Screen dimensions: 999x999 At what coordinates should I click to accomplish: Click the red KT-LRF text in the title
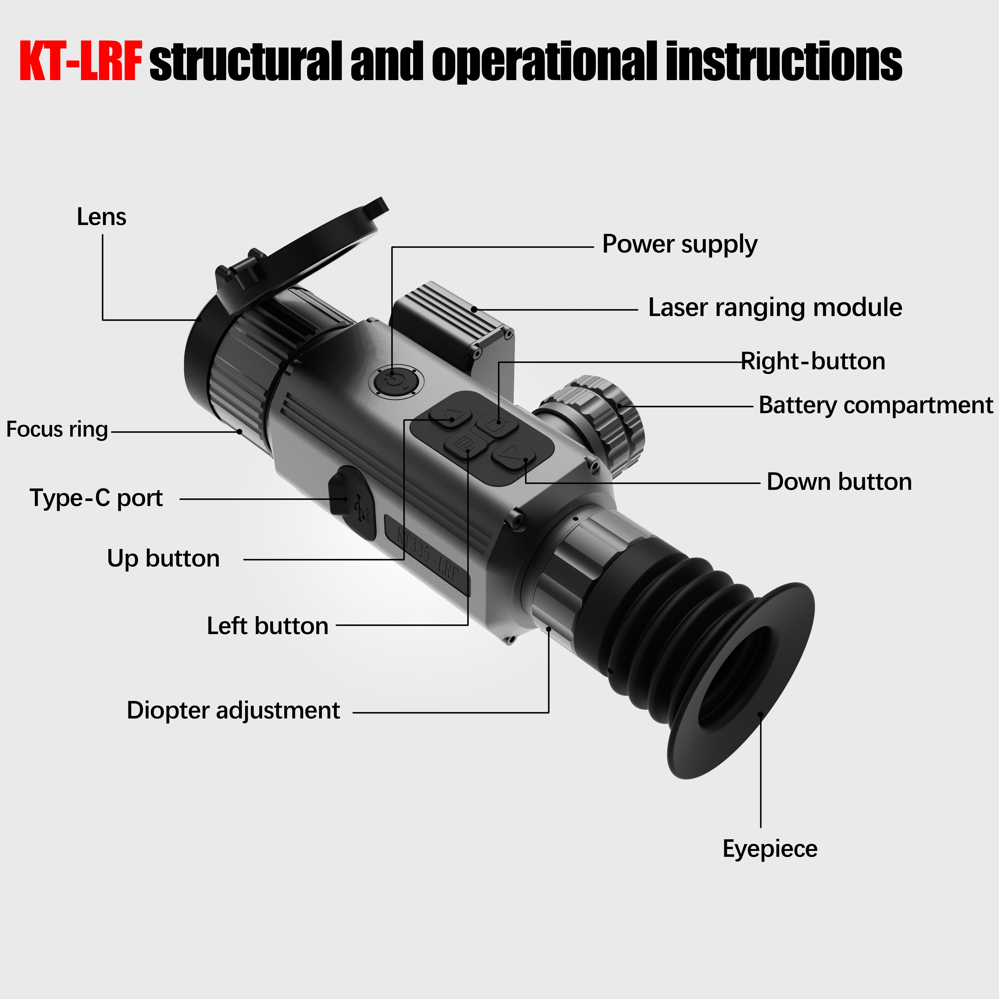point(81,62)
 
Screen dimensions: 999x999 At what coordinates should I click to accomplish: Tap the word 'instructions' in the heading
point(783,62)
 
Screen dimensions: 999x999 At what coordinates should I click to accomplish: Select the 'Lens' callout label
point(101,217)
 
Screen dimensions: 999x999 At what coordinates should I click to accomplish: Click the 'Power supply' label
point(679,244)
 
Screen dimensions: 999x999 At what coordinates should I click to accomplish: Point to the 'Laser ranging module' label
point(775,308)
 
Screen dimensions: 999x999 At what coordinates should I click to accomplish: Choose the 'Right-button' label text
point(813,362)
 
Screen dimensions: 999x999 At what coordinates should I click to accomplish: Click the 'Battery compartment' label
point(875,405)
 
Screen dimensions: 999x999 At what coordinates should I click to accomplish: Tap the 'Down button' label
point(839,482)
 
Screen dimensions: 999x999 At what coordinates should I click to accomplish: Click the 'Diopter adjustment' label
point(233,711)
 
